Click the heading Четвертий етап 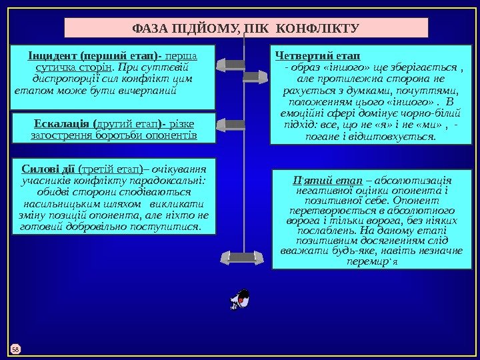pyautogui.click(x=317, y=54)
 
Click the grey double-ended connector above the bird pyautogui.click(x=246, y=257)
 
